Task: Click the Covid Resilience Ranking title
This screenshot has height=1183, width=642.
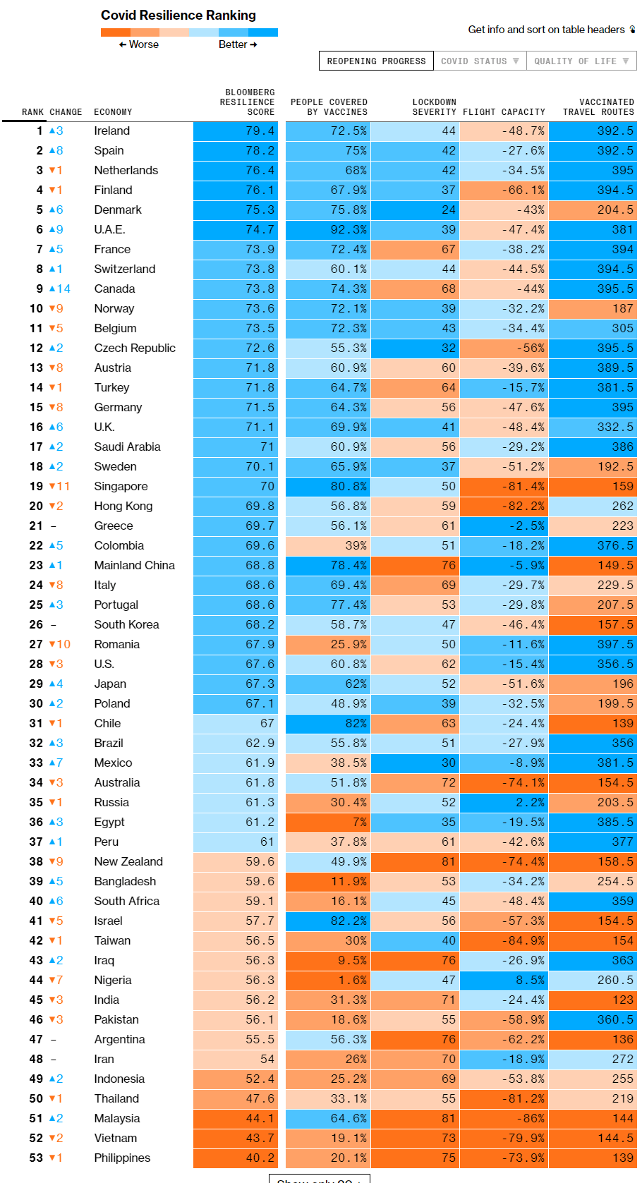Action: click(178, 16)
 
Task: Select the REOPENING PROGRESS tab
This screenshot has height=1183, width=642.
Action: click(376, 61)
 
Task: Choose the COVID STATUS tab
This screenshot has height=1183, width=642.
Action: click(480, 61)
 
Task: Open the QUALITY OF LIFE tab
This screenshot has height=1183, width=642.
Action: click(581, 61)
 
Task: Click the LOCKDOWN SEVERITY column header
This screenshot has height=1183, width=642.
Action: click(434, 107)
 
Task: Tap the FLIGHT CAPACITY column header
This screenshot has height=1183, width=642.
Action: click(504, 112)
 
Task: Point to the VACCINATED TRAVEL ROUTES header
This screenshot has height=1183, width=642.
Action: click(598, 107)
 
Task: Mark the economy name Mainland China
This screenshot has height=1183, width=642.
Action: click(135, 566)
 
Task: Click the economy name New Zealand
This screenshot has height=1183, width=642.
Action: click(128, 862)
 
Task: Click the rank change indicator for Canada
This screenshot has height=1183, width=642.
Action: click(59, 289)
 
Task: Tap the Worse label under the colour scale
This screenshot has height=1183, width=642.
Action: click(140, 44)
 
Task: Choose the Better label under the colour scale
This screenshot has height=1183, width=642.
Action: click(237, 44)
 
